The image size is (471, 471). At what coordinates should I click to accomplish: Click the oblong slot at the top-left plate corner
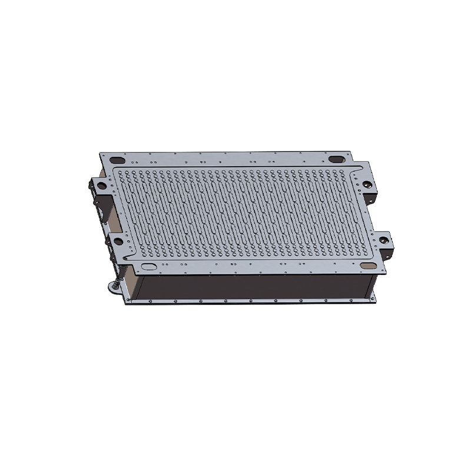(x=117, y=160)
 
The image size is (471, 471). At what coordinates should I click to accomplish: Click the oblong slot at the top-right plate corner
(x=336, y=159)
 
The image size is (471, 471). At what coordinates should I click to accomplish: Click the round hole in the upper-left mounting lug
(x=102, y=185)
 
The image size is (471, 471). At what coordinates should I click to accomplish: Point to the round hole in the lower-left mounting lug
(x=118, y=241)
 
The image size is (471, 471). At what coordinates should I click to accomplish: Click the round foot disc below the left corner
(x=112, y=287)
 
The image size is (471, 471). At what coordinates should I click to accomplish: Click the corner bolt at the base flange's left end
(x=127, y=299)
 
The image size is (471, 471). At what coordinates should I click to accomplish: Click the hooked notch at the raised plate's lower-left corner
(x=129, y=257)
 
